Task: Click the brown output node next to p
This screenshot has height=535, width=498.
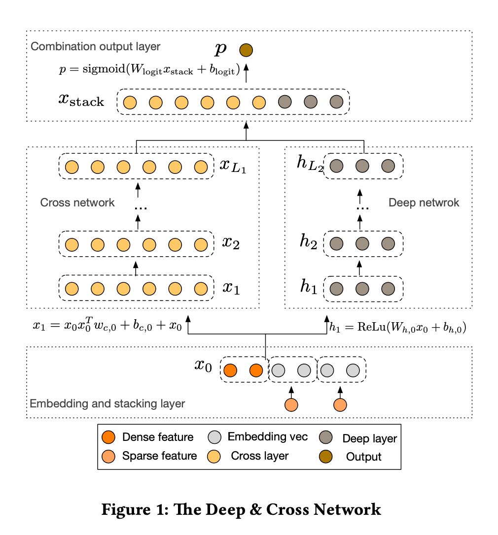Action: (246, 50)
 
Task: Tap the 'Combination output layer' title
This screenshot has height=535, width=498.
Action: (96, 47)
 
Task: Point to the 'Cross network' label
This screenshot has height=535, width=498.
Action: (77, 202)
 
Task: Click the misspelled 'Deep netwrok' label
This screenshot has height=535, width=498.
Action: (424, 202)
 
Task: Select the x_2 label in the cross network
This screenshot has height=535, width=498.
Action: (231, 243)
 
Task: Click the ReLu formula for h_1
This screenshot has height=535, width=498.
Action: (398, 326)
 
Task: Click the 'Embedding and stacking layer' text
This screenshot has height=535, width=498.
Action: (107, 404)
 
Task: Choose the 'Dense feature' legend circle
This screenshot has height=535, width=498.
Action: (107, 437)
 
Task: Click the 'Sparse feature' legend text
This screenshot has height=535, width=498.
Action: (159, 456)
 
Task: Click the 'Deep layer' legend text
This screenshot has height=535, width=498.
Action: (370, 438)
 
